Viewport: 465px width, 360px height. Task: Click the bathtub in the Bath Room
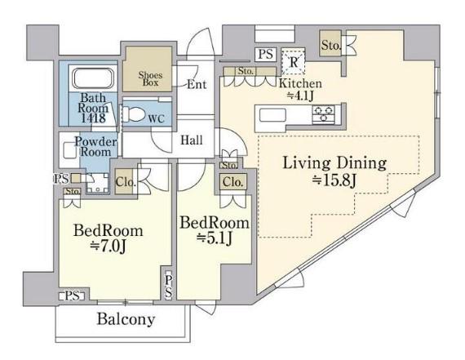(x=94, y=78)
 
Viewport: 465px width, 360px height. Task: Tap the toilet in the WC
(x=133, y=114)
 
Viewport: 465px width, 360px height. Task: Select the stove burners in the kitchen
(x=324, y=114)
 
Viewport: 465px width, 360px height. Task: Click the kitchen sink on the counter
(x=272, y=115)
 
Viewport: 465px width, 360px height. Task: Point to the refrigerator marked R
(x=294, y=61)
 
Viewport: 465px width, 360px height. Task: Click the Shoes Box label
(x=151, y=78)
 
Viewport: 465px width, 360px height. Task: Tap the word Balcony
(x=126, y=319)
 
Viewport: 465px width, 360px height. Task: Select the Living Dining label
(x=334, y=163)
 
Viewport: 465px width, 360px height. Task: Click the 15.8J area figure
(x=334, y=180)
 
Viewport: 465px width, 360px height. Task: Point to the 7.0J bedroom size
(x=108, y=247)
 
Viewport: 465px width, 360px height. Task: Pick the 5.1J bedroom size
(x=215, y=238)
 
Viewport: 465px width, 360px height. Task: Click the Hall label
(x=192, y=140)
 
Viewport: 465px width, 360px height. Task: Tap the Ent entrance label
(x=197, y=85)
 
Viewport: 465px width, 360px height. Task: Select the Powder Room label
(x=95, y=147)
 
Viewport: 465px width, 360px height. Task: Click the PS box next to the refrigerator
(x=265, y=55)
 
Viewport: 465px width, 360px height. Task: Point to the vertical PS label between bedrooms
(x=168, y=286)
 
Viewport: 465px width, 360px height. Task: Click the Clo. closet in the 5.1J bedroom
(x=233, y=182)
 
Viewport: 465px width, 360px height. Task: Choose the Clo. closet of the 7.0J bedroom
(x=124, y=181)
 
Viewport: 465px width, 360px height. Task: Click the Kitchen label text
(x=300, y=83)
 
